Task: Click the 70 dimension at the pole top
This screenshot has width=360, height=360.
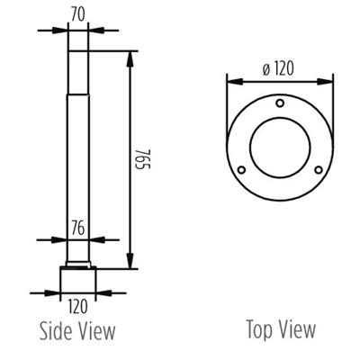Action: [x=77, y=14]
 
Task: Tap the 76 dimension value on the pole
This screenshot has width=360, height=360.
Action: [x=77, y=229]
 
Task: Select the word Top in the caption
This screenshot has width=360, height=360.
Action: [x=259, y=329]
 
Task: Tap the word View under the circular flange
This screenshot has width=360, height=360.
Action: [x=296, y=329]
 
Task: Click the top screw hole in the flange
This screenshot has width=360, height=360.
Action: [x=280, y=104]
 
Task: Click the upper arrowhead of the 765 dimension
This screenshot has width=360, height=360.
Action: [x=132, y=56]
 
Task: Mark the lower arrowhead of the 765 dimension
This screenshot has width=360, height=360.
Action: [x=132, y=262]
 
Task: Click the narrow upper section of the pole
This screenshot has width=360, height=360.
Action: [x=77, y=72]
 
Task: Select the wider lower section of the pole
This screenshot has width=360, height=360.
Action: [x=77, y=180]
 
